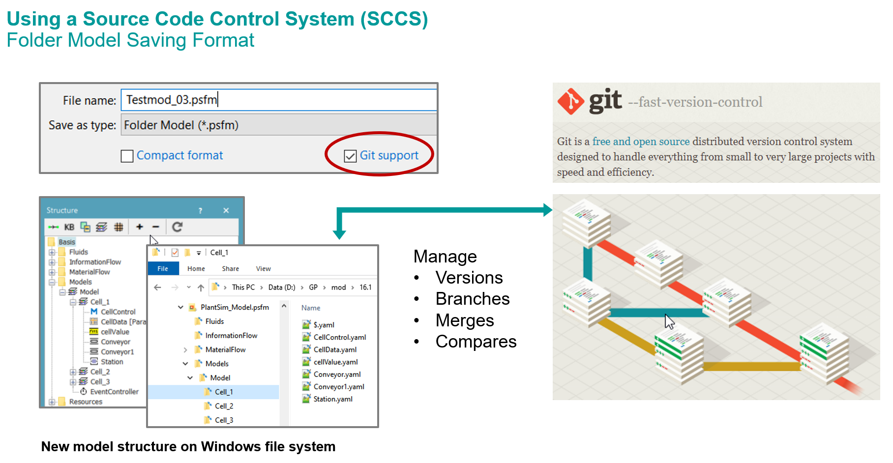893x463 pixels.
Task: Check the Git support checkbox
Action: (350, 156)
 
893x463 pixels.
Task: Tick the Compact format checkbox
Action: (127, 156)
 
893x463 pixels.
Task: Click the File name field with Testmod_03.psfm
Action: (278, 100)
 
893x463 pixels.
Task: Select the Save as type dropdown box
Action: (278, 125)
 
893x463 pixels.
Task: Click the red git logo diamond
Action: (570, 101)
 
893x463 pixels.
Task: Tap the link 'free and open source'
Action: (641, 142)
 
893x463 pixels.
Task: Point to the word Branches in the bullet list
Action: (473, 299)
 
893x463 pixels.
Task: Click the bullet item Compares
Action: (476, 342)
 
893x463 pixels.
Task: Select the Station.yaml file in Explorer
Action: (333, 399)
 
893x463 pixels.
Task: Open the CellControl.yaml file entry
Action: (339, 337)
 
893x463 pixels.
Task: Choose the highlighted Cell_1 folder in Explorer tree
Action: (224, 392)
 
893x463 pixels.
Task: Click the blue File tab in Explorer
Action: (163, 269)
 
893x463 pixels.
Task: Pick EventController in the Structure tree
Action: (114, 392)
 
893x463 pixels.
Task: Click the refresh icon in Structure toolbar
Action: (178, 227)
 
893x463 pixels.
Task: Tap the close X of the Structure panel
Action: (226, 210)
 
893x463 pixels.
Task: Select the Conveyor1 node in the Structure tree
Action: (117, 352)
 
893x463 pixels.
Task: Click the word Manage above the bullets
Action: (445, 257)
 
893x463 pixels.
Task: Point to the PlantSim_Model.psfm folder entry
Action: (235, 307)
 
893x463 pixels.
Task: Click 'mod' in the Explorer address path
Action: (338, 288)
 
